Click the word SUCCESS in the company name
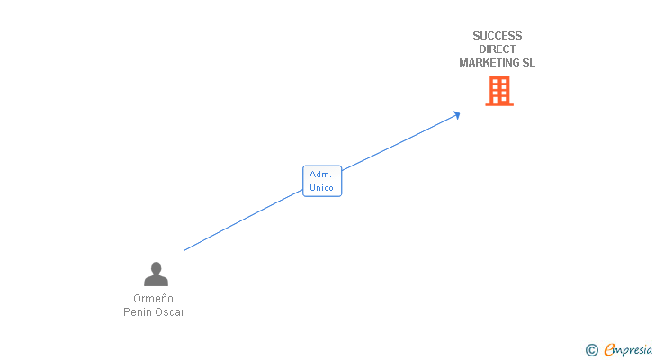click(497, 36)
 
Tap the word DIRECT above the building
click(497, 49)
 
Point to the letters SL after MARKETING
click(529, 63)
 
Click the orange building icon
click(498, 91)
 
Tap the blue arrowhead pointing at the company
click(456, 114)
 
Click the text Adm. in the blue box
click(321, 175)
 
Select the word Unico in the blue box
click(321, 188)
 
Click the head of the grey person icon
click(157, 268)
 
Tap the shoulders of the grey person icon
click(157, 281)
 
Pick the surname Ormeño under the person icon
click(153, 299)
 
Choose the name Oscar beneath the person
click(170, 312)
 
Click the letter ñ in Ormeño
click(163, 299)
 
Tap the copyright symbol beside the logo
click(592, 350)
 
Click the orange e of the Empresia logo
click(610, 350)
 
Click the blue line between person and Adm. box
click(243, 220)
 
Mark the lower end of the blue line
click(185, 249)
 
